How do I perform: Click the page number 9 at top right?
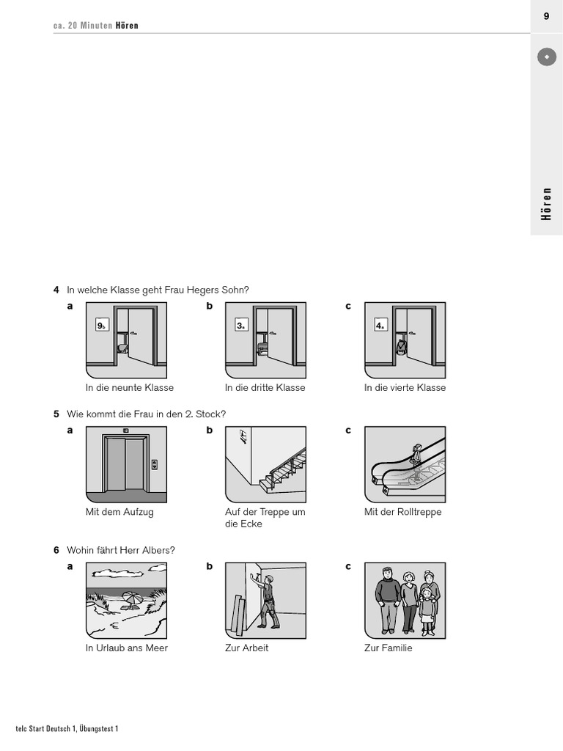point(546,16)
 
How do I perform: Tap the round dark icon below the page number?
point(546,56)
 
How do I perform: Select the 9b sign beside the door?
point(102,326)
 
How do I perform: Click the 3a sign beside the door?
point(241,326)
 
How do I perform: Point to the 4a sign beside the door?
point(380,326)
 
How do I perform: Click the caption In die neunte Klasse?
point(130,387)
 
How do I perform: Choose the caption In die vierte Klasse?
point(405,387)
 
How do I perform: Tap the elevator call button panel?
point(154,464)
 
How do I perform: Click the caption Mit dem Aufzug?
point(119,512)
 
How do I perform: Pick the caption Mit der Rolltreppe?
point(403,512)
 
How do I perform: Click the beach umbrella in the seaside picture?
point(133,598)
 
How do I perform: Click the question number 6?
point(56,550)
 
